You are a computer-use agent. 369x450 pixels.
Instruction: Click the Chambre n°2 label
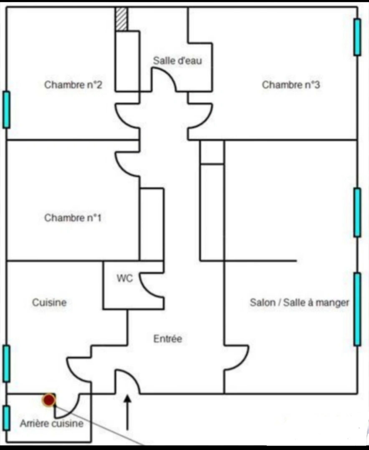[73, 85]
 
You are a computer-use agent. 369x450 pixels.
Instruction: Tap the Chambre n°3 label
[291, 85]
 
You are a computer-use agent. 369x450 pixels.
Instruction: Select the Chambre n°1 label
[73, 218]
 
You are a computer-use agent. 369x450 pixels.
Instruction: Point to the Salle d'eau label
[177, 60]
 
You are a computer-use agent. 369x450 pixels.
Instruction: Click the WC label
[125, 278]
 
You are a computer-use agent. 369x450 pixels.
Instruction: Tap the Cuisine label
[49, 302]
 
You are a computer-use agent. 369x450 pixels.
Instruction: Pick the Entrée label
[168, 339]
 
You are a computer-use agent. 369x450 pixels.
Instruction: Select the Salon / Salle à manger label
[299, 302]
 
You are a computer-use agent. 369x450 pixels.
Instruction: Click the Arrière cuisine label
[52, 424]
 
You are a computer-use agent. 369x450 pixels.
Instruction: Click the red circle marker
[49, 400]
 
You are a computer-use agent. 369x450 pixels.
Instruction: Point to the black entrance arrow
[127, 412]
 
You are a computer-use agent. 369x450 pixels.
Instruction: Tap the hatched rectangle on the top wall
[121, 19]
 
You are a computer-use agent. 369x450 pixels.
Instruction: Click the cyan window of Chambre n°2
[6, 110]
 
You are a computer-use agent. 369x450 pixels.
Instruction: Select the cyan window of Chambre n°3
[357, 37]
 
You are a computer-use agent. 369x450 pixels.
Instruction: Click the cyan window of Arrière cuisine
[6, 417]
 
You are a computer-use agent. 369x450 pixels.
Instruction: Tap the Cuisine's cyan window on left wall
[6, 364]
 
